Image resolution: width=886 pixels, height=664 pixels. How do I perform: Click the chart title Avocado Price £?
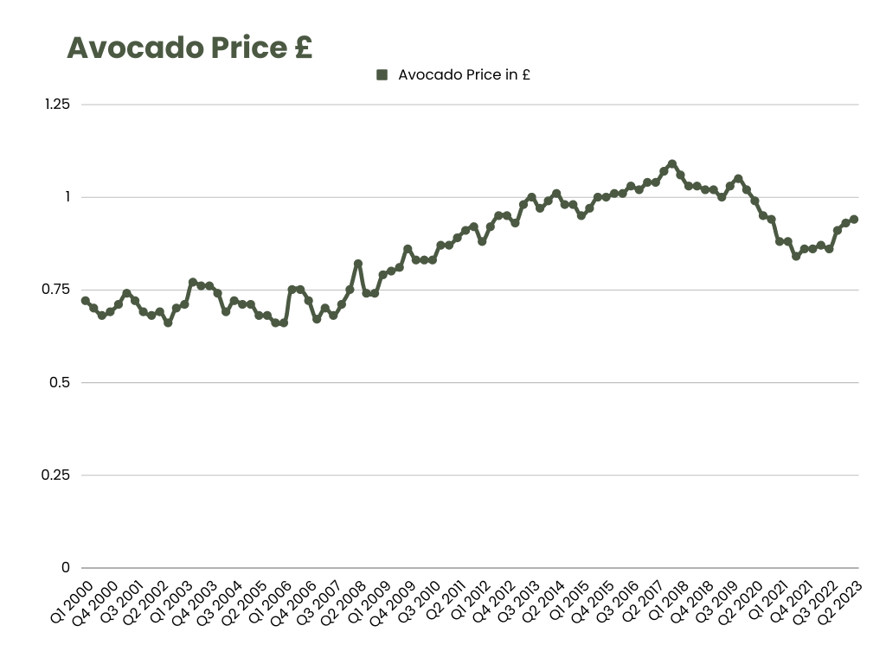tap(189, 48)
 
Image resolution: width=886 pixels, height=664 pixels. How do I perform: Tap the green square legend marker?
tap(382, 75)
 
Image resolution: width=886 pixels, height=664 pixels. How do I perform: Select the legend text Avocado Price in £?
tap(464, 75)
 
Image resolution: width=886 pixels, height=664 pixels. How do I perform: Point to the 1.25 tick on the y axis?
tap(57, 104)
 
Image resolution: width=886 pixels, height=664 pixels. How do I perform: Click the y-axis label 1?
tap(66, 196)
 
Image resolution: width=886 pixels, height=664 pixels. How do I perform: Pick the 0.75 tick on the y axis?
tap(57, 289)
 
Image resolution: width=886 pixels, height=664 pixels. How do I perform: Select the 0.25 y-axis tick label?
tap(57, 475)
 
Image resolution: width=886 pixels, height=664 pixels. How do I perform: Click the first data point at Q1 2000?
tap(85, 301)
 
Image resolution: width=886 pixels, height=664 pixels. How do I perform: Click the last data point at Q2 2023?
tap(854, 220)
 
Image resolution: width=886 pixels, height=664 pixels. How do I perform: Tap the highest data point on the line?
tap(672, 163)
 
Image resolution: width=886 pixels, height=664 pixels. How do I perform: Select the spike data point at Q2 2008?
tap(357, 264)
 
